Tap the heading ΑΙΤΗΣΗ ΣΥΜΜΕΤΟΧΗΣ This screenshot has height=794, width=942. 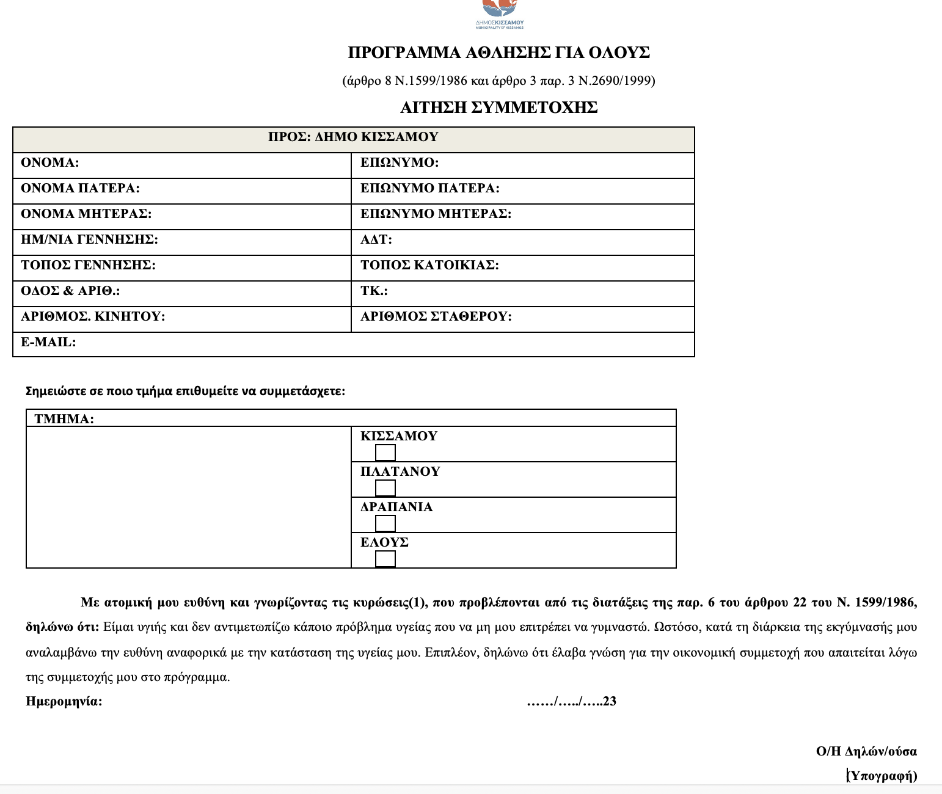tap(498, 107)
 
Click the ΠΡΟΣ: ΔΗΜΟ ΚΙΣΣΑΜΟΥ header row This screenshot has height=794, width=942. tap(353, 137)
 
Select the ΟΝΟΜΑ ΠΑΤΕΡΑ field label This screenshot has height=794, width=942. tap(80, 188)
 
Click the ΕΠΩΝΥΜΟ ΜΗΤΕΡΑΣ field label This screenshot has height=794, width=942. tap(436, 214)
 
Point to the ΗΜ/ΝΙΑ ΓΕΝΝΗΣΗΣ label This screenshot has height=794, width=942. tap(89, 239)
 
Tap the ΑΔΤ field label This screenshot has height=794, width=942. tap(376, 239)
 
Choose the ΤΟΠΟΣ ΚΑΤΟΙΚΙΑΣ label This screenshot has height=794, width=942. tap(429, 265)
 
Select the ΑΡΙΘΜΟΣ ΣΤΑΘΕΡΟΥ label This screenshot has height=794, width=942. tap(436, 316)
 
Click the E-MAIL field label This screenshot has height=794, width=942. tap(48, 342)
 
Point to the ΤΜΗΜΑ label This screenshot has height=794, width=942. tap(64, 419)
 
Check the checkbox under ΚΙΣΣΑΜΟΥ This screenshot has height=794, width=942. tap(385, 453)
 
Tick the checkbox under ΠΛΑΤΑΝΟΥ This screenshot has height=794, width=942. tap(385, 488)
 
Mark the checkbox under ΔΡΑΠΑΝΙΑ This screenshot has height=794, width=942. tap(385, 523)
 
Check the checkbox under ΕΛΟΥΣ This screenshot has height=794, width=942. tap(385, 559)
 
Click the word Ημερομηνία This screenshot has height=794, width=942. tap(64, 701)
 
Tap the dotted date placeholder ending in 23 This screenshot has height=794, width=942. tap(571, 701)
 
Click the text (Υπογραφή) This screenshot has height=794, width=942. tap(883, 776)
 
